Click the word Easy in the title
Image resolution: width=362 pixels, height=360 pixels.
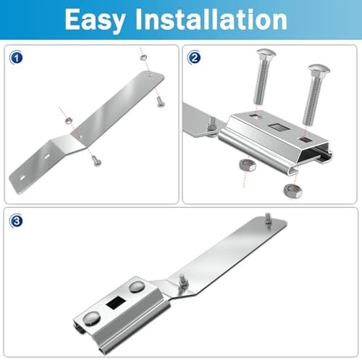pyautogui.click(x=95, y=20)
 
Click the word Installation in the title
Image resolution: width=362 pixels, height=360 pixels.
pyautogui.click(x=211, y=19)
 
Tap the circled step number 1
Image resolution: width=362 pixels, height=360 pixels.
pyautogui.click(x=16, y=58)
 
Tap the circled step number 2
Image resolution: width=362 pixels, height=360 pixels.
pyautogui.click(x=194, y=57)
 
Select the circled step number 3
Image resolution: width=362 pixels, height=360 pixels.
pyautogui.click(x=16, y=221)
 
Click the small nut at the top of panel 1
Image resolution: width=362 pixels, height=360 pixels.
pyautogui.click(x=143, y=57)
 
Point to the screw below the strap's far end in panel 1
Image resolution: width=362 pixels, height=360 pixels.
pyautogui.click(x=160, y=101)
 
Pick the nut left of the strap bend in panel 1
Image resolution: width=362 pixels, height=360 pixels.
pyautogui.click(x=69, y=120)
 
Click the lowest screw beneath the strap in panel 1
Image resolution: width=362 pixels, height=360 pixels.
pyautogui.click(x=96, y=161)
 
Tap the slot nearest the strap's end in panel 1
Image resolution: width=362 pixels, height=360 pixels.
pyautogui.click(x=22, y=178)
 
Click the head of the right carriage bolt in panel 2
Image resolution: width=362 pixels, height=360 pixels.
pyautogui.click(x=319, y=69)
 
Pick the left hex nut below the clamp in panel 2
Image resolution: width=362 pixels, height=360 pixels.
pyautogui.click(x=247, y=165)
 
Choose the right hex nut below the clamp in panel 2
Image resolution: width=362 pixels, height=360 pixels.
pyautogui.click(x=292, y=191)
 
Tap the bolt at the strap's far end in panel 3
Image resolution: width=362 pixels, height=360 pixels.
pyautogui.click(x=268, y=219)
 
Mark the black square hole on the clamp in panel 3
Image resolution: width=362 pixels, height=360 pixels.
pyautogui.click(x=116, y=303)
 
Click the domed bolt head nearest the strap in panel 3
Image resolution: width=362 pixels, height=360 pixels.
pyautogui.click(x=137, y=287)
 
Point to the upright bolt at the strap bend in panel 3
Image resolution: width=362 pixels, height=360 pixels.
pyautogui.click(x=182, y=282)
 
